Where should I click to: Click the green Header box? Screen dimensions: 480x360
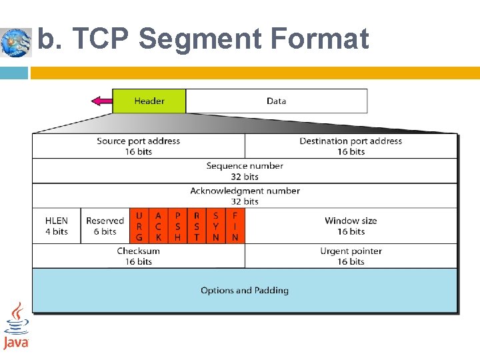tap(149, 101)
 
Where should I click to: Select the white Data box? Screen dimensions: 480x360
tap(276, 101)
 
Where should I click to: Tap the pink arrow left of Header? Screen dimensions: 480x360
tap(101, 101)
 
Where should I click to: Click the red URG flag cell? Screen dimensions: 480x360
tap(139, 226)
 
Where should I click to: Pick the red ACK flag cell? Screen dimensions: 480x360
tap(158, 226)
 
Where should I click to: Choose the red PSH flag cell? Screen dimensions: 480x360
tap(177, 226)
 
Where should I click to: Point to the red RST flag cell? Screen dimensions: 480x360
tap(197, 226)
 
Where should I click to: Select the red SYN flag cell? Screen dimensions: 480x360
tap(216, 226)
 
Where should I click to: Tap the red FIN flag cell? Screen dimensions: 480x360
tap(235, 226)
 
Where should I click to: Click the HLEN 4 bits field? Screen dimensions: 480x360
tap(57, 226)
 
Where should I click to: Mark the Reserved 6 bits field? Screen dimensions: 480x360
tap(105, 226)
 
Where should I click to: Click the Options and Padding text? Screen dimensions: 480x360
tap(245, 291)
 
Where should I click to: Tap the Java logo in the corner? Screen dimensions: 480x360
tap(16, 326)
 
